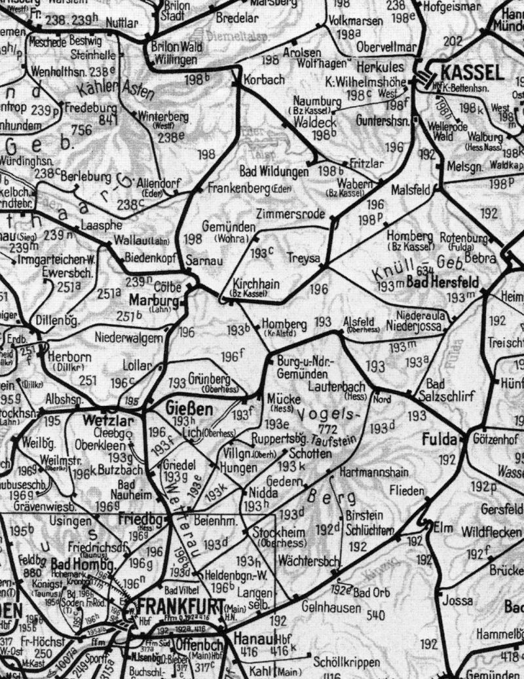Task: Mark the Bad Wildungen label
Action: pos(274,172)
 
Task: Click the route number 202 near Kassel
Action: pos(453,41)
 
